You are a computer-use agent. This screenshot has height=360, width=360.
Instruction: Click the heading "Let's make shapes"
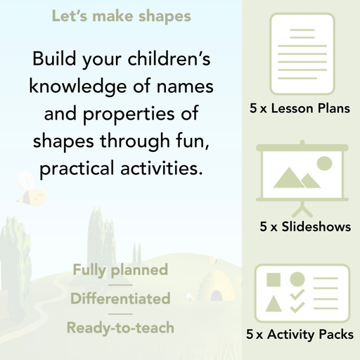point(121,15)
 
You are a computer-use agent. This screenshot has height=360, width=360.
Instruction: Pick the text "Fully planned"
point(120,270)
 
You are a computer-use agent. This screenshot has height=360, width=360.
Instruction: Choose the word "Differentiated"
point(120,298)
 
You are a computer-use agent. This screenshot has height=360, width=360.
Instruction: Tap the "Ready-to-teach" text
point(120,327)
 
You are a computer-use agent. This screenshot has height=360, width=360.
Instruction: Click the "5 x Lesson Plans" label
point(300,109)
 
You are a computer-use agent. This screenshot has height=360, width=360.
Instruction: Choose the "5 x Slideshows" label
point(305,227)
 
